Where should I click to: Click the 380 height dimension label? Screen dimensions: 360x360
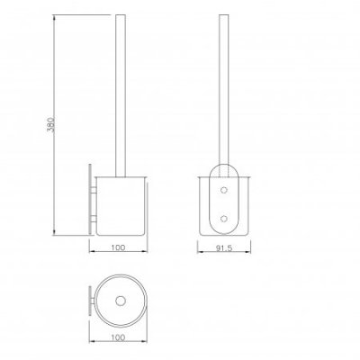pyautogui.click(x=51, y=125)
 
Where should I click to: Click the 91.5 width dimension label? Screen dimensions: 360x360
pyautogui.click(x=224, y=248)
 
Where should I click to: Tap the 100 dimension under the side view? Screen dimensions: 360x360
pyautogui.click(x=118, y=247)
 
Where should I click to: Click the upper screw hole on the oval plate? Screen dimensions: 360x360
pyautogui.click(x=224, y=190)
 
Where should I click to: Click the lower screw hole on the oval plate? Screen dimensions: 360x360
pyautogui.click(x=224, y=219)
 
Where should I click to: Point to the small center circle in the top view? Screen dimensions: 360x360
pyautogui.click(x=121, y=301)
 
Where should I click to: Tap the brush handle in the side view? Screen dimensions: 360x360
pyautogui.click(x=121, y=95)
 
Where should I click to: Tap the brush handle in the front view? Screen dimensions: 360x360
pyautogui.click(x=224, y=90)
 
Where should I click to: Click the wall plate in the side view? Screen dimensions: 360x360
pyautogui.click(x=90, y=200)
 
